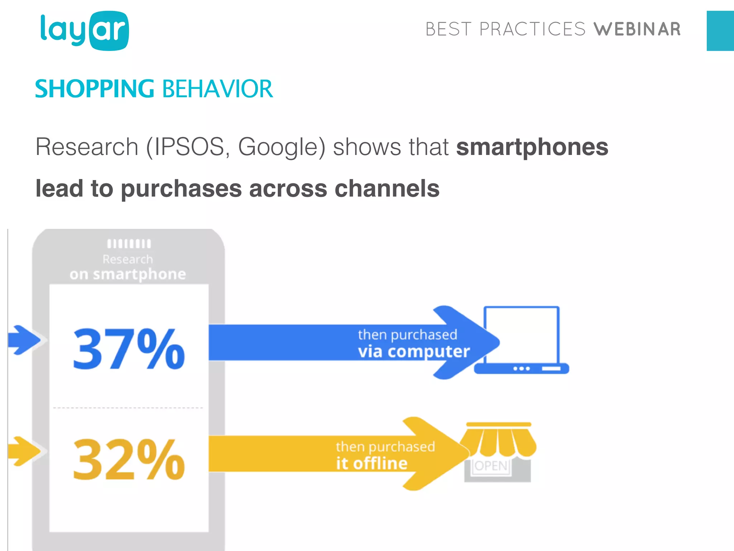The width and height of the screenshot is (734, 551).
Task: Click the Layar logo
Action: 85,31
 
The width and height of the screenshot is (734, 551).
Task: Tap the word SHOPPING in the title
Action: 95,89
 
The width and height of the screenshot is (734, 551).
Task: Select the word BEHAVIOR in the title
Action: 218,89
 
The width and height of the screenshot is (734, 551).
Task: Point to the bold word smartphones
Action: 532,147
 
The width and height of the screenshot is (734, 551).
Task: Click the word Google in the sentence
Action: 282,147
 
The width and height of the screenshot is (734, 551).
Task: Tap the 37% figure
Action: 128,349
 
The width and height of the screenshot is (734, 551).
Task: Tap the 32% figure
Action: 128,460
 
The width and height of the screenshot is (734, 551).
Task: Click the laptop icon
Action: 522,340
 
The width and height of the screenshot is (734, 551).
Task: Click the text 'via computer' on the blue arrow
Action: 414,352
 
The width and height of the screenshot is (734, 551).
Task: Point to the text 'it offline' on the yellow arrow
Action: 372,463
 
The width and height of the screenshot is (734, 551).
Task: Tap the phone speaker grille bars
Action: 129,244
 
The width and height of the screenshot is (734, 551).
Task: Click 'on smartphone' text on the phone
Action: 128,274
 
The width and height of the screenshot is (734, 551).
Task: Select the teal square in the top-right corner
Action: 720,31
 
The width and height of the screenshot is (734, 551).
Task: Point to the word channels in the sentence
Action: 387,189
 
